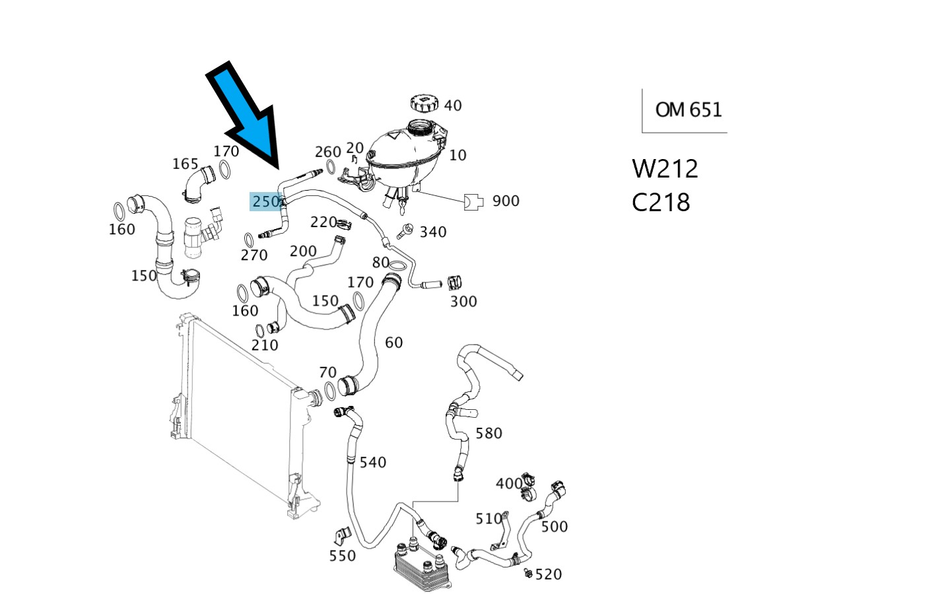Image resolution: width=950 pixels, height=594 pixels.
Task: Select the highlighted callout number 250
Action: pos(265,201)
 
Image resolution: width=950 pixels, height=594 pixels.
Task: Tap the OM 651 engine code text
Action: pos(689,109)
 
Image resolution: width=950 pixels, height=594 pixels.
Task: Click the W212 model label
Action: pos(665,169)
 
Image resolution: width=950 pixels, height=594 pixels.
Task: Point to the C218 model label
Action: pos(661,202)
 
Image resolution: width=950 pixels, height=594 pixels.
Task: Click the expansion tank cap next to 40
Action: pos(424,104)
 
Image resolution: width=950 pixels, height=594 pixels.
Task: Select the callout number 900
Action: pos(506,201)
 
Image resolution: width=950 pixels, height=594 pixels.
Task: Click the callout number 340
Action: pos(433,232)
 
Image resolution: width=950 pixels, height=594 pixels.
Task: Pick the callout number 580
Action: pos(489,433)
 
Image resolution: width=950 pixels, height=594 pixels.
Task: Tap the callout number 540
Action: pos(373,462)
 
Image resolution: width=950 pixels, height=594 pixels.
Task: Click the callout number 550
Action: pos(342,556)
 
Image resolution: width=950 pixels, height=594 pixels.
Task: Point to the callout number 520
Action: pos(549,574)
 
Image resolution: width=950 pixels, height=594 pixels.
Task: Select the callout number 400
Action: pos(508,483)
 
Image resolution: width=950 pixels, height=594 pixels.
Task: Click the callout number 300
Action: pos(463,302)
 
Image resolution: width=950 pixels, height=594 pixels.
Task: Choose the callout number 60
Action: pos(393,342)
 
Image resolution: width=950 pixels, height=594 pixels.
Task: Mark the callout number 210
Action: pos(265,345)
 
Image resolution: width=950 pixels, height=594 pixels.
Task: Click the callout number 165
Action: pos(186,164)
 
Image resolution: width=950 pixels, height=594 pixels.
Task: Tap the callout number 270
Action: pos(254,255)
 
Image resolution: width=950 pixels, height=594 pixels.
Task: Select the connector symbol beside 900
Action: pos(474,202)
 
